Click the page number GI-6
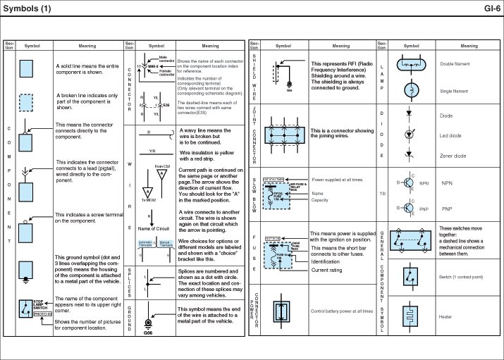[x=492, y=8]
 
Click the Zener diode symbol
[x=410, y=155]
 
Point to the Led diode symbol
[x=410, y=134]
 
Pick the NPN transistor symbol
[x=410, y=183]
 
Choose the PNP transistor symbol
[x=410, y=209]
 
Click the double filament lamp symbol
[x=410, y=65]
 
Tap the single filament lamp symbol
[x=410, y=90]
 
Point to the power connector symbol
[x=283, y=310]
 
